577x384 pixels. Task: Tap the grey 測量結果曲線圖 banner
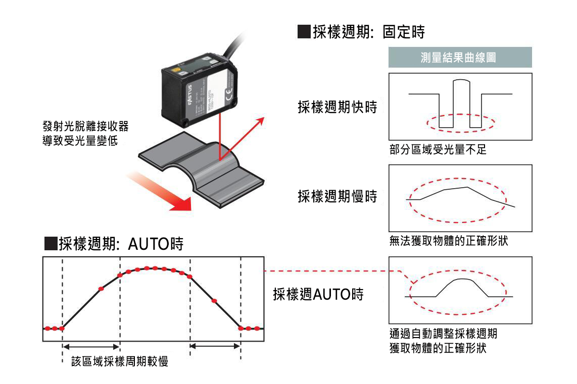(x=460, y=58)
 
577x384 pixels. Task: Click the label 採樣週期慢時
(x=337, y=197)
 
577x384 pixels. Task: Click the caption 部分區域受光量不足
(x=438, y=150)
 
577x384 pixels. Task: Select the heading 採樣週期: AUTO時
(x=114, y=244)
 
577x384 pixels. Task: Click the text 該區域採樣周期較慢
(x=119, y=361)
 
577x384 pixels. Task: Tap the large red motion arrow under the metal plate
(x=162, y=192)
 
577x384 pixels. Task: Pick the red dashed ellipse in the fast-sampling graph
(x=460, y=123)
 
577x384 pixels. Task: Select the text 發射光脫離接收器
(x=89, y=126)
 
